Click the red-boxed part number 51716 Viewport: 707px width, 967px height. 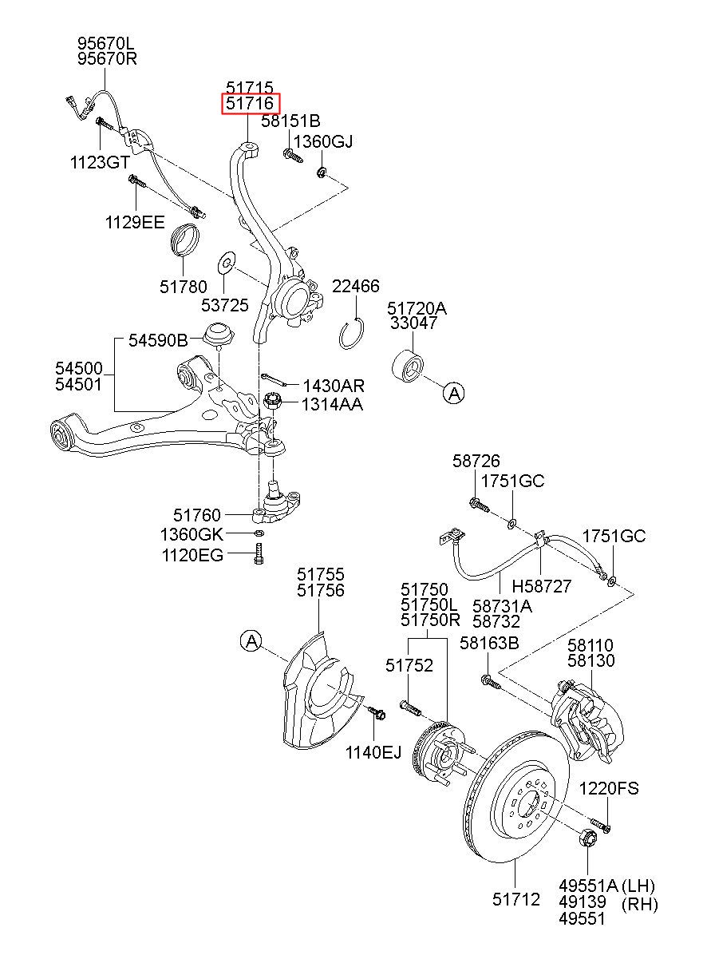(x=251, y=103)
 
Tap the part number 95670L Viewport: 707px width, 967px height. (x=106, y=43)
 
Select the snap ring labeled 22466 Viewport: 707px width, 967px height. (x=350, y=333)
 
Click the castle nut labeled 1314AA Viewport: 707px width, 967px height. (x=272, y=402)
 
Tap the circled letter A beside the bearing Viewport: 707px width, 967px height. (x=454, y=394)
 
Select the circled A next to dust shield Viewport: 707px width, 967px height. (x=251, y=641)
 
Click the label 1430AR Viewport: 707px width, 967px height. (x=334, y=386)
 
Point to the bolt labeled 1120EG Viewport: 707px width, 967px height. (x=259, y=554)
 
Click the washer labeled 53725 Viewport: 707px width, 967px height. (x=227, y=262)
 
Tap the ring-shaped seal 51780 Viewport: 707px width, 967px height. (x=186, y=239)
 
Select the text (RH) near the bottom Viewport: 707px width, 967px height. (x=640, y=916)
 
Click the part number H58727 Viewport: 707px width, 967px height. (x=541, y=586)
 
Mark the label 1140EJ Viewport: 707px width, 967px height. (x=373, y=753)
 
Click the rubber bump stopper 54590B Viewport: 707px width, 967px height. (x=219, y=334)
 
